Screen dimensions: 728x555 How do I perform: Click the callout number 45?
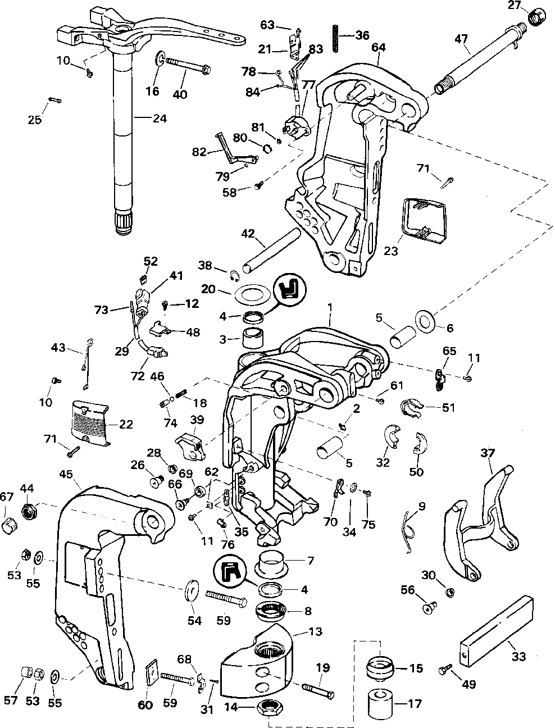[66, 475]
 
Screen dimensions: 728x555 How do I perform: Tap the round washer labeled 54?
[192, 593]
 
